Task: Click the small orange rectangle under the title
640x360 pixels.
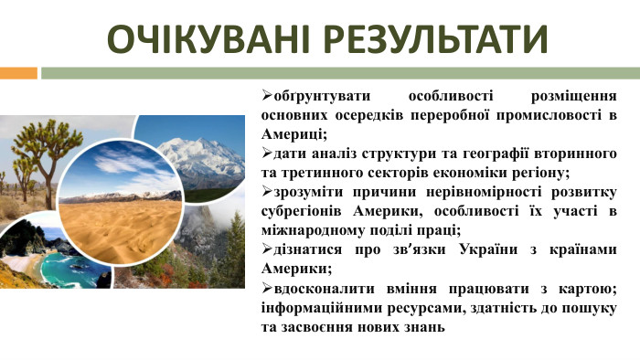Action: tap(18, 72)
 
